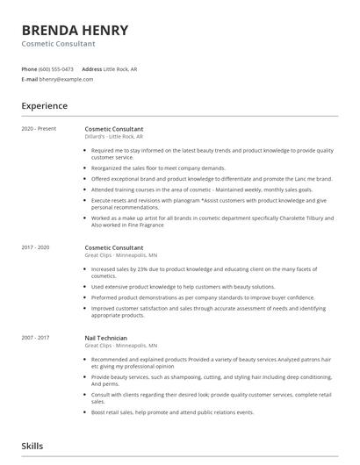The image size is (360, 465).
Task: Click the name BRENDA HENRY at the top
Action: (x=75, y=31)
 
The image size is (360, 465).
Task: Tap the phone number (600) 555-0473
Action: (x=56, y=69)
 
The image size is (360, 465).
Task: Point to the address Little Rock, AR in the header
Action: (x=120, y=69)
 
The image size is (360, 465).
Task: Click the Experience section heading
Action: (x=45, y=106)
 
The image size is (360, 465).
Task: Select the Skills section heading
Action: (x=32, y=446)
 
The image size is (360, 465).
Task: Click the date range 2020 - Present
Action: (x=39, y=129)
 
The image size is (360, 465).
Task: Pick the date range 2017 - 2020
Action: (x=37, y=248)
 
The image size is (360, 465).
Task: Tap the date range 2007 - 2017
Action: (x=37, y=338)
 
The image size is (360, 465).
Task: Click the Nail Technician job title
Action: (x=106, y=338)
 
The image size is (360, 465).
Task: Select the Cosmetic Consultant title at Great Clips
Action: (x=114, y=248)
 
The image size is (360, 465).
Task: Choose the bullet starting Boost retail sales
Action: (x=172, y=411)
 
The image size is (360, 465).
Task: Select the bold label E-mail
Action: (x=29, y=79)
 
